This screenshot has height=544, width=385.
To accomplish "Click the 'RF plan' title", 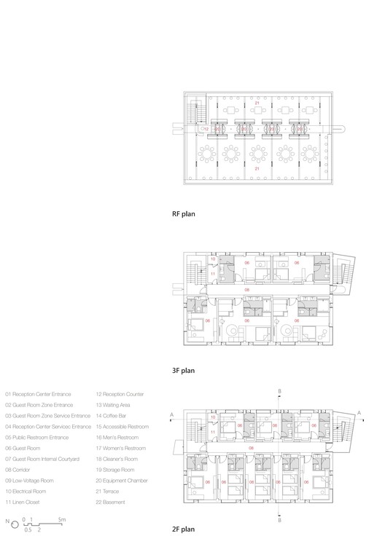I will tap(182, 215).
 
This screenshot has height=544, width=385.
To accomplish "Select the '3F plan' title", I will tap(182, 371).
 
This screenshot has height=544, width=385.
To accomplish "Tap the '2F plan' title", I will tap(182, 529).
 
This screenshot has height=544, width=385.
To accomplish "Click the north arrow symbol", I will tap(9, 521).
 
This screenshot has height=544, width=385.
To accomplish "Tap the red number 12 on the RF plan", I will tap(206, 129).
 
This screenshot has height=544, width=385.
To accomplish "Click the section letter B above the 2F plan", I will tap(281, 391).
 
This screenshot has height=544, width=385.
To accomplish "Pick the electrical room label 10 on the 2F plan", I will tap(213, 422).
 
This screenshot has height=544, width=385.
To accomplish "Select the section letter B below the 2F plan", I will tap(281, 520).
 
